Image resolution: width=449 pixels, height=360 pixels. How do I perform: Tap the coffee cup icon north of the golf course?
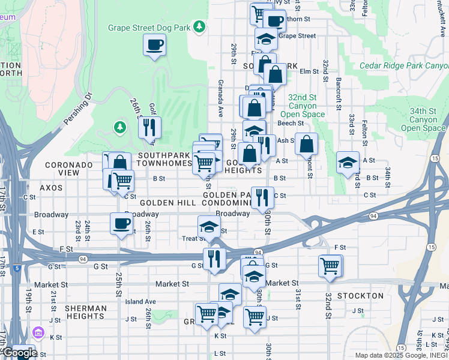154,44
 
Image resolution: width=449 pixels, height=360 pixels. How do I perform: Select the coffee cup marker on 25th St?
121,224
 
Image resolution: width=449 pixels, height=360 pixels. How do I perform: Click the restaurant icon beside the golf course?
148,127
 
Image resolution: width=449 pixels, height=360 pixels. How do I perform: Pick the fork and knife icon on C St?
262,197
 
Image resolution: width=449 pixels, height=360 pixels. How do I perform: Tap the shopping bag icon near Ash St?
306,144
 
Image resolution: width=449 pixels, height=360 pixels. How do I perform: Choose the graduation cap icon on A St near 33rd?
348,163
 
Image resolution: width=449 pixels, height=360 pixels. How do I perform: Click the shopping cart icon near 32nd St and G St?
330,265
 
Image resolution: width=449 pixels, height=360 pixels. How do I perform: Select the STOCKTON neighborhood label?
360,296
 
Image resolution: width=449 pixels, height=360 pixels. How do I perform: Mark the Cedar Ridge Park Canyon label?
403,65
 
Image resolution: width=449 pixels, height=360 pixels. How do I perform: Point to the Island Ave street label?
140,302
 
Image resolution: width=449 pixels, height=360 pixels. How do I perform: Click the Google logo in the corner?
19,353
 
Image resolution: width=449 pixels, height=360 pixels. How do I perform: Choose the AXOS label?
51,188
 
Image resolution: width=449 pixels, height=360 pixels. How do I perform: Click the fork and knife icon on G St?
214,259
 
